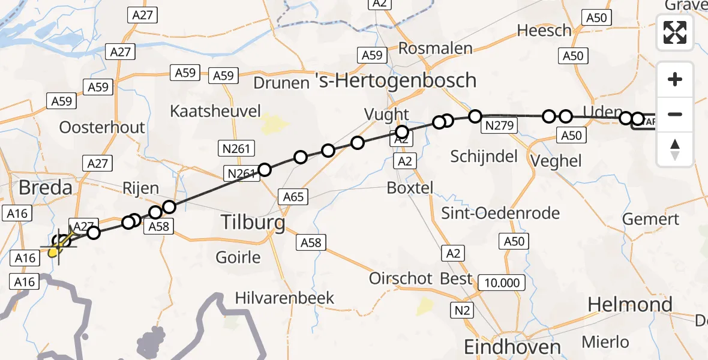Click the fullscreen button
pyautogui.click(x=675, y=32)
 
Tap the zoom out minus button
pyautogui.click(x=675, y=114)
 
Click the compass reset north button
pyautogui.click(x=675, y=149)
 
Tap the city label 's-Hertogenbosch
pyautogui.click(x=396, y=80)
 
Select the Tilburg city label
pyautogui.click(x=253, y=222)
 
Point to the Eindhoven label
pyautogui.click(x=512, y=346)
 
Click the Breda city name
pyautogui.click(x=45, y=187)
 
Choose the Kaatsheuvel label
pyautogui.click(x=215, y=111)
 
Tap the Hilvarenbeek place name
pyautogui.click(x=284, y=298)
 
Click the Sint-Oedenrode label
pyautogui.click(x=500, y=213)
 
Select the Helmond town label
pyautogui.click(x=629, y=305)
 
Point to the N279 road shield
pyautogui.click(x=498, y=126)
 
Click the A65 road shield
pyautogui.click(x=293, y=196)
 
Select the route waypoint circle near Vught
pyautogui.click(x=401, y=132)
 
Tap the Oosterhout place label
pyautogui.click(x=102, y=127)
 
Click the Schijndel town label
pyautogui.click(x=484, y=157)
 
